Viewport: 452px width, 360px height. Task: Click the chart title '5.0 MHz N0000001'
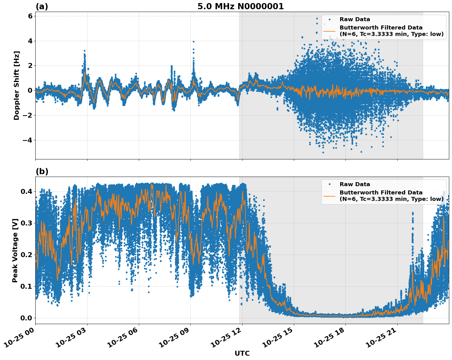[x=240, y=6]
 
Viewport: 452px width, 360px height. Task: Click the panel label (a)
[x=42, y=6]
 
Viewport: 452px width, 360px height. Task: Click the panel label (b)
[x=42, y=171]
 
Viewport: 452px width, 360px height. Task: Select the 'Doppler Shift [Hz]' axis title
[x=17, y=85]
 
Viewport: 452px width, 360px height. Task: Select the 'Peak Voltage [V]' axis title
[x=15, y=250]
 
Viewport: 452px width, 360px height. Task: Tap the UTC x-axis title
[x=242, y=354]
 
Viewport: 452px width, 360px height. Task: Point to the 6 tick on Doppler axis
[x=30, y=16]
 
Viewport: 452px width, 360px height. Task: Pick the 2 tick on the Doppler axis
[x=30, y=66]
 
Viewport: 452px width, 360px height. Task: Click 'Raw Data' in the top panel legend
[x=355, y=19]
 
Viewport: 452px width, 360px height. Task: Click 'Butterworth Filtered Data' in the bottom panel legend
[x=381, y=193]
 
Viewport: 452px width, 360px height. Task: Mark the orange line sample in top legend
[x=329, y=31]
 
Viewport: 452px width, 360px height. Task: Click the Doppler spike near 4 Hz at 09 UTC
[x=193, y=42]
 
